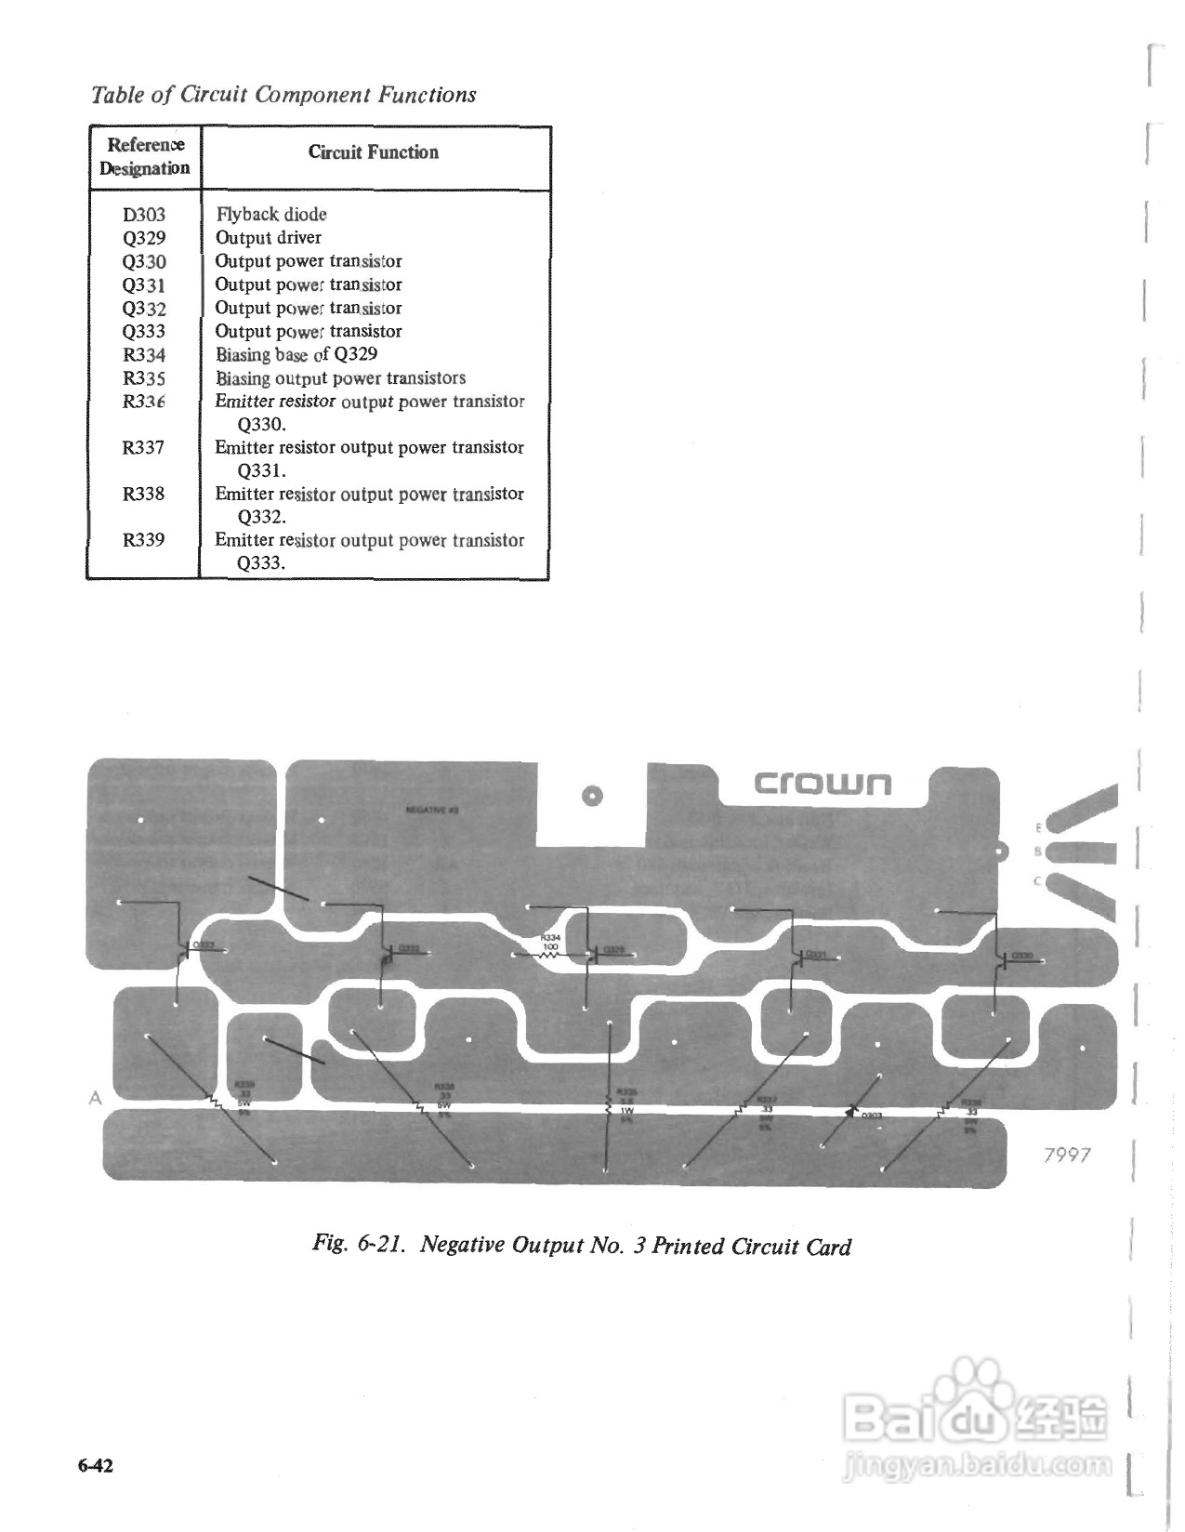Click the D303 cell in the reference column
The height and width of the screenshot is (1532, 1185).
pos(144,215)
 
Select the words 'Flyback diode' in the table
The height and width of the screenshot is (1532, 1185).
pos(271,215)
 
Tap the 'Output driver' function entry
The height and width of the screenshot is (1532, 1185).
pos(269,238)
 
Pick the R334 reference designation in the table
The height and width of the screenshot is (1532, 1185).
pos(144,355)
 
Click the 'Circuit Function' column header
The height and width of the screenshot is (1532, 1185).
pos(374,152)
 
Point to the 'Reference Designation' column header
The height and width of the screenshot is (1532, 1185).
pos(145,156)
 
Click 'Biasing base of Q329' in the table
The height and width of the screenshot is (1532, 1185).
pos(296,355)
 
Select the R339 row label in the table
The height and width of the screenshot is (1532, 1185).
pos(144,541)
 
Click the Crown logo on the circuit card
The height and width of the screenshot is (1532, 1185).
pos(822,784)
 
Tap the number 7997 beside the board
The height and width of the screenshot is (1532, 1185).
pos(1066,1155)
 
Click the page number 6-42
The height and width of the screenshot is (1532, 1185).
pos(96,1466)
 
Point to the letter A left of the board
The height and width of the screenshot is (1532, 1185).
pos(95,1098)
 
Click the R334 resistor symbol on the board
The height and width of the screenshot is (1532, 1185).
pos(548,954)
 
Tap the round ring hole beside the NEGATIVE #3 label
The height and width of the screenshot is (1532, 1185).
pos(591,796)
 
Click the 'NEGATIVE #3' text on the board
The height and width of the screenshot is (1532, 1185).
pos(432,810)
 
